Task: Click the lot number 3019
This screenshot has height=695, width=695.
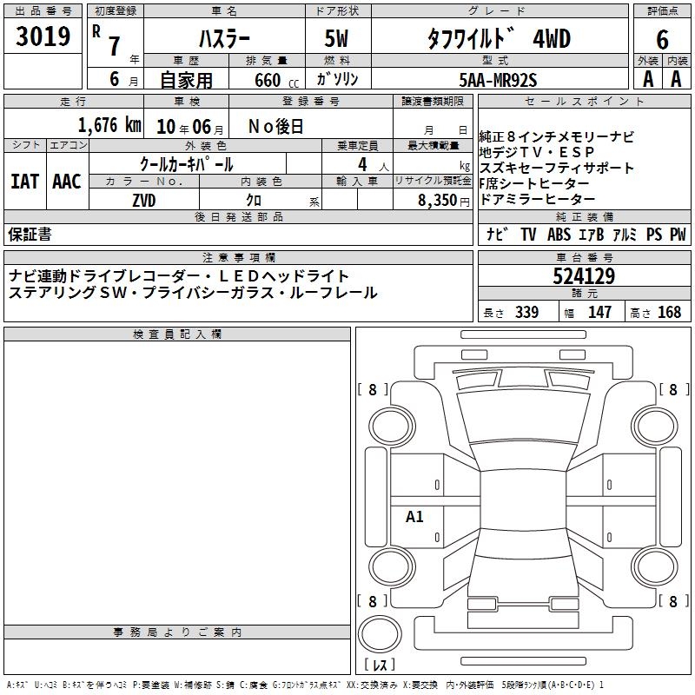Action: coord(43,36)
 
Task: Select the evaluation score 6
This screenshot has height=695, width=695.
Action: coord(662,39)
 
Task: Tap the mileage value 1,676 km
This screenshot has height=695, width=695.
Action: coord(109,125)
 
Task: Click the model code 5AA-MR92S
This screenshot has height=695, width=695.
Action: coord(498,80)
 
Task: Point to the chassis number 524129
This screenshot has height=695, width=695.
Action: coord(584,276)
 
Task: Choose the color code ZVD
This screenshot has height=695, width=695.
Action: coord(144,201)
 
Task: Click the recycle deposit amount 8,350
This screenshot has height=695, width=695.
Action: coord(438,201)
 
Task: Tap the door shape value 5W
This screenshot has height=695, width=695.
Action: coord(336,38)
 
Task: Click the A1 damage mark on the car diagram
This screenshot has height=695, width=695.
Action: coord(414,516)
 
